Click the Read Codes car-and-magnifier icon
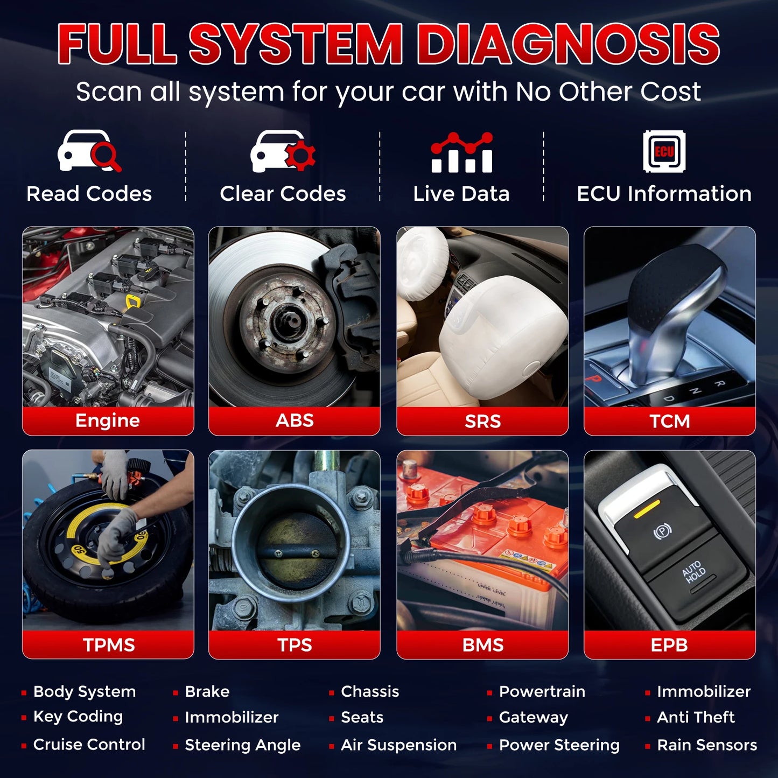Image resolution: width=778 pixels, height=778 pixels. [89, 151]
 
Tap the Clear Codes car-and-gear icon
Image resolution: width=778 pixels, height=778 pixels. [283, 151]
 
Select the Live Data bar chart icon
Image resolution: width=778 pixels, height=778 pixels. [461, 153]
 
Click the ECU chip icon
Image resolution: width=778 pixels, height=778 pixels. [664, 151]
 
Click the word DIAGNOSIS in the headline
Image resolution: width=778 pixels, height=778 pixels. [568, 44]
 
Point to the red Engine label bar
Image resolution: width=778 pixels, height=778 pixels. [108, 420]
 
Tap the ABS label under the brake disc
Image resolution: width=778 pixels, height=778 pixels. [295, 420]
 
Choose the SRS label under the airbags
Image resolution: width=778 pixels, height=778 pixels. [482, 421]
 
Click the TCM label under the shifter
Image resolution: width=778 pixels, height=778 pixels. [669, 421]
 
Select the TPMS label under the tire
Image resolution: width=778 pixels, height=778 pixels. [108, 644]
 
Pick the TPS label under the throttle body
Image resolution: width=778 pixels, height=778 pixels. [295, 644]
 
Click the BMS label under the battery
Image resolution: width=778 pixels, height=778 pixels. [482, 644]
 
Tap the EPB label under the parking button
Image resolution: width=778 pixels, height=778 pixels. [669, 644]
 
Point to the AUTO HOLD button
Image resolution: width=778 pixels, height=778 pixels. [695, 573]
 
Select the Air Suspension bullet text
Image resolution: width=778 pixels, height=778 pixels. [398, 745]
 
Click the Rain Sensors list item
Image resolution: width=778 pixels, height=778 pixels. [707, 745]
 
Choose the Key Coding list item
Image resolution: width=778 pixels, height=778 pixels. [78, 717]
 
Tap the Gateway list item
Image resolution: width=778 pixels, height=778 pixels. [533, 717]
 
